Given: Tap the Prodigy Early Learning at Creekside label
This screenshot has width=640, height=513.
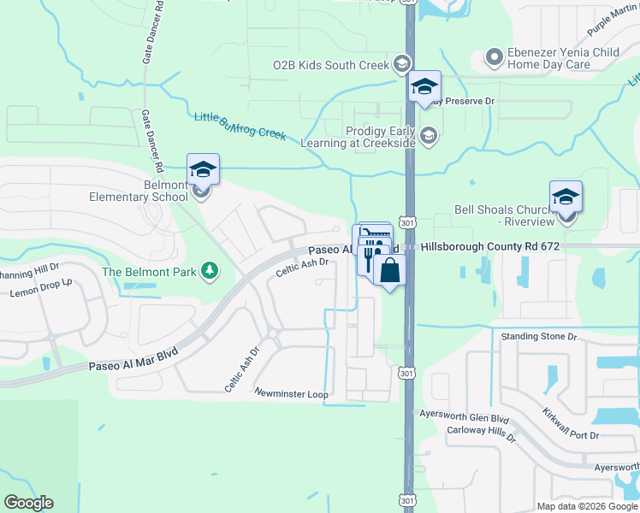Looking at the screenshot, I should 358,137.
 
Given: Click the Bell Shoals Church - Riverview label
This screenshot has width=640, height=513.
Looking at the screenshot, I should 505,215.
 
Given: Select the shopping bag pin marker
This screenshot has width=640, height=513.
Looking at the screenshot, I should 389,271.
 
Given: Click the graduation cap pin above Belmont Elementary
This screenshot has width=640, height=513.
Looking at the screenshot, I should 203,169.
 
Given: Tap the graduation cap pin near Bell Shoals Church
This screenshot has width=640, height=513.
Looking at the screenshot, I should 566,197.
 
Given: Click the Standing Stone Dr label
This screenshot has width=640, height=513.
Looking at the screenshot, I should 539,337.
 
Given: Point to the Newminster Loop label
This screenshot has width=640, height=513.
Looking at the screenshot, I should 291,393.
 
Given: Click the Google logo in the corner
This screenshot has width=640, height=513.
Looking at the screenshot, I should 28,503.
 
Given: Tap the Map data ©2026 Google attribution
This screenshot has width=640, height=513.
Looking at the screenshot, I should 586,506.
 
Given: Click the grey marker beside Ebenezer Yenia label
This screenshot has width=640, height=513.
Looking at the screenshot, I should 493,58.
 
